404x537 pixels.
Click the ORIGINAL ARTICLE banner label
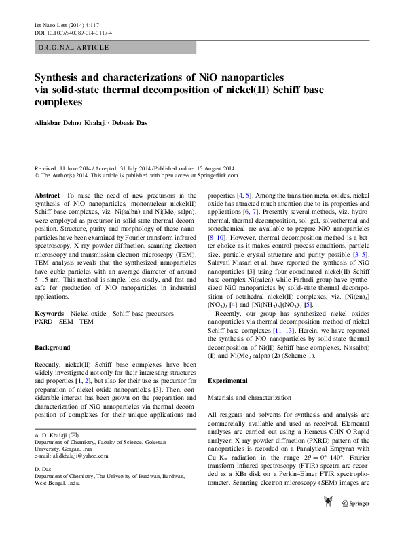click(73, 48)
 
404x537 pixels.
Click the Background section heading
click(52, 348)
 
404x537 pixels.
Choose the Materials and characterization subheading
click(251, 396)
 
